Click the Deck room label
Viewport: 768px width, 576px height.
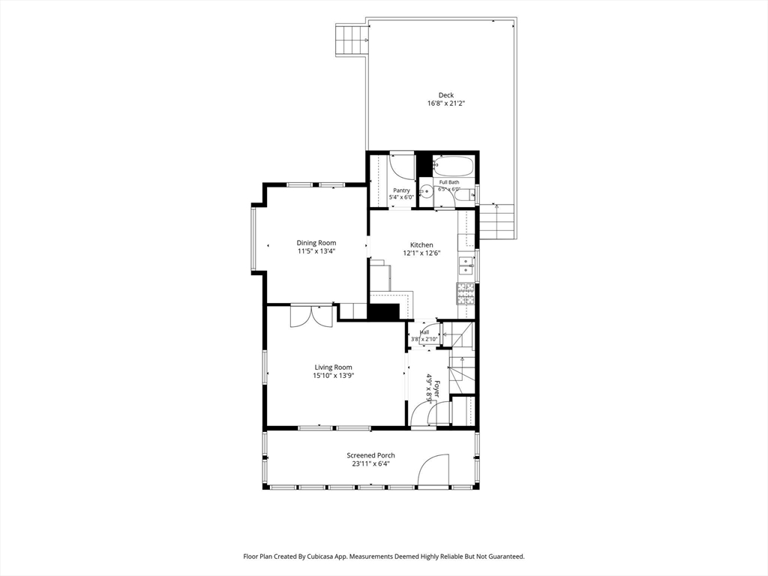(x=445, y=95)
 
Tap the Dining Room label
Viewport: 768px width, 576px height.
(x=316, y=242)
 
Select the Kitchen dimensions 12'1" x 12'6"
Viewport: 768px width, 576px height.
(x=421, y=253)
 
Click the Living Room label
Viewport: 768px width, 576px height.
(x=333, y=367)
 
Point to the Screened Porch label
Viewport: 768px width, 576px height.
(x=370, y=455)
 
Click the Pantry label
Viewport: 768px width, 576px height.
(x=402, y=190)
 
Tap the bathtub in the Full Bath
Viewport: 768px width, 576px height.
(x=454, y=166)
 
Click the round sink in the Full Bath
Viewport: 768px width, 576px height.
(x=427, y=191)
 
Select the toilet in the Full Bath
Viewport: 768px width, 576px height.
(x=463, y=196)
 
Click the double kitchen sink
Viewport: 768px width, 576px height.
(x=465, y=265)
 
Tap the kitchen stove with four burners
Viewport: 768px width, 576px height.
(x=466, y=294)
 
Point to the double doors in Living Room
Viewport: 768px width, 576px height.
(x=311, y=316)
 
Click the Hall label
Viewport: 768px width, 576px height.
(x=424, y=332)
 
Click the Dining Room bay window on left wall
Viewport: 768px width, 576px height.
(x=253, y=239)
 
